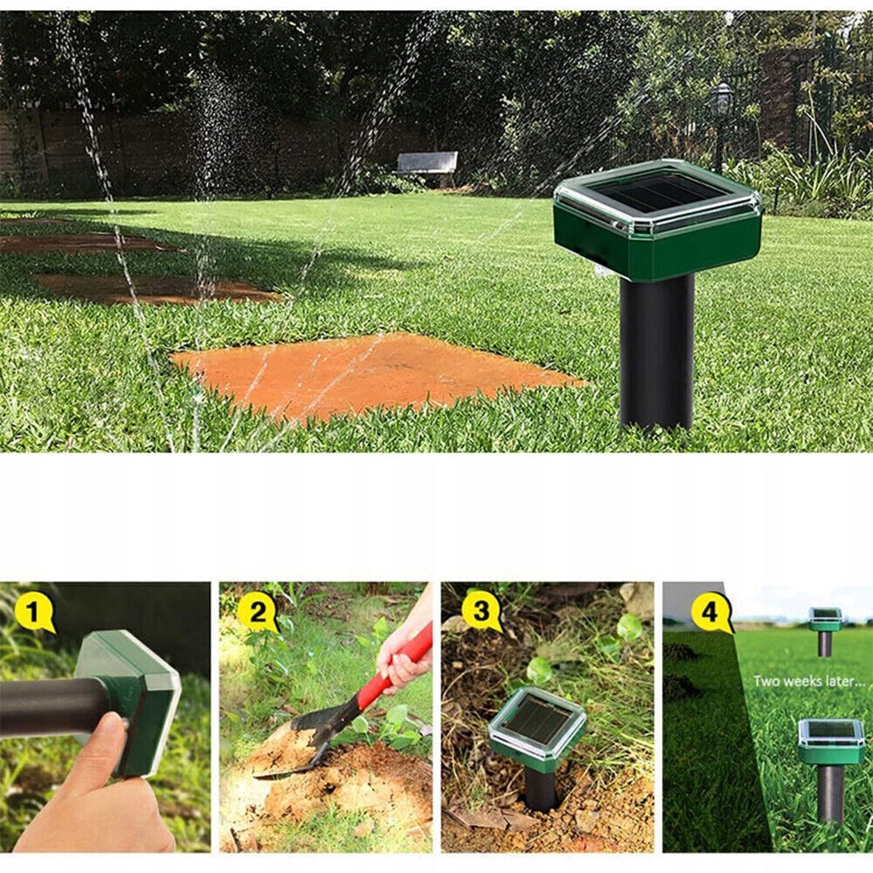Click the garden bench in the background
pos(425,165)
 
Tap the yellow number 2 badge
pos(258,613)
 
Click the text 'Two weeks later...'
pos(810,682)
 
